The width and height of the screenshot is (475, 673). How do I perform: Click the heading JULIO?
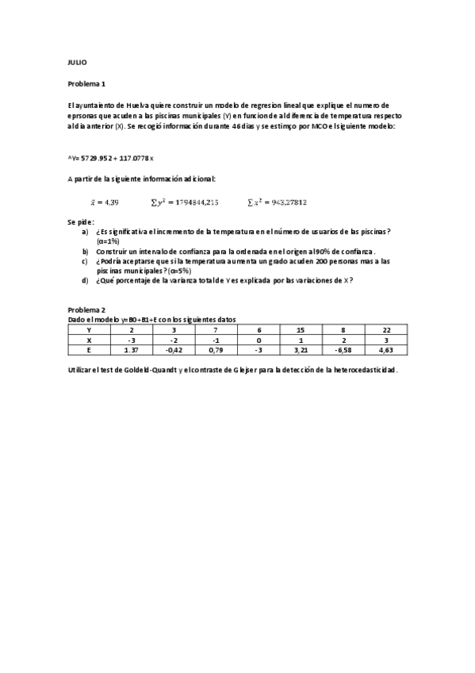pos(77,62)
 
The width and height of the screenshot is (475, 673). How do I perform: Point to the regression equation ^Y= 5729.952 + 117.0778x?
pos(111,158)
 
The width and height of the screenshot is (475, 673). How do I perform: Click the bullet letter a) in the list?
pos(85,231)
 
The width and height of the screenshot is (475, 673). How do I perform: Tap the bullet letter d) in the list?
pos(85,280)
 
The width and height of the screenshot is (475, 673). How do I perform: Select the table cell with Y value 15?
pos(300,329)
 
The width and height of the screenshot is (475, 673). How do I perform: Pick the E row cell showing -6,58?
pos(343,349)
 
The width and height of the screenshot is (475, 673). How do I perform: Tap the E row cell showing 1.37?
pos(131,349)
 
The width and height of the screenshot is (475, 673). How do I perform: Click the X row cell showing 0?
pos(258,339)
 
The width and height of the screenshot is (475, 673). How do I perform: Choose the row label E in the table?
pos(89,349)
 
